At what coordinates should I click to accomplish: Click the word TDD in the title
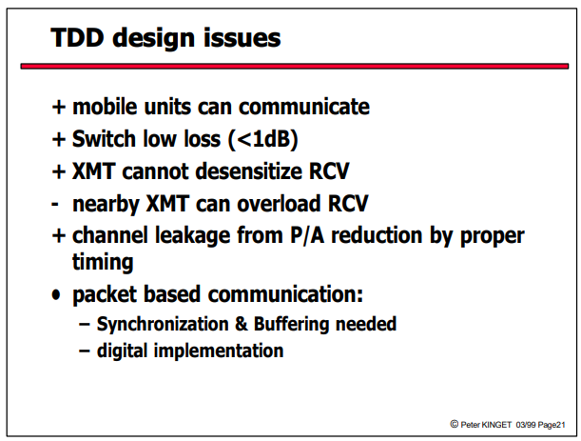click(x=77, y=37)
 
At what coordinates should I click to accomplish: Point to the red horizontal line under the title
click(x=295, y=66)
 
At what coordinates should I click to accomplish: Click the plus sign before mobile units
click(x=59, y=108)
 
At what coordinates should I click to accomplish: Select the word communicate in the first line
click(x=304, y=107)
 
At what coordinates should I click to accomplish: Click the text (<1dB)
click(x=263, y=139)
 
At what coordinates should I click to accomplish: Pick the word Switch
click(x=104, y=139)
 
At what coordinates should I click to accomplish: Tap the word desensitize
click(x=249, y=171)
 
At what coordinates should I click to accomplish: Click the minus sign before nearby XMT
click(x=55, y=204)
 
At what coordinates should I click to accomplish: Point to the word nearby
click(x=106, y=205)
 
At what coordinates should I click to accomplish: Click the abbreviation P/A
click(x=307, y=235)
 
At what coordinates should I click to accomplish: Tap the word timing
click(x=103, y=263)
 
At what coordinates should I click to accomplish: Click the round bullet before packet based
click(x=56, y=295)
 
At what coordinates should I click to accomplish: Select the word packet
click(x=105, y=294)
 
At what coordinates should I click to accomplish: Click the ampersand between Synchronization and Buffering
click(x=241, y=324)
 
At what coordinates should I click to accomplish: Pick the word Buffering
click(x=291, y=325)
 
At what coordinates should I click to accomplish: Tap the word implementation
click(x=219, y=351)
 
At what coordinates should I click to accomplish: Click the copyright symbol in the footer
click(x=455, y=424)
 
